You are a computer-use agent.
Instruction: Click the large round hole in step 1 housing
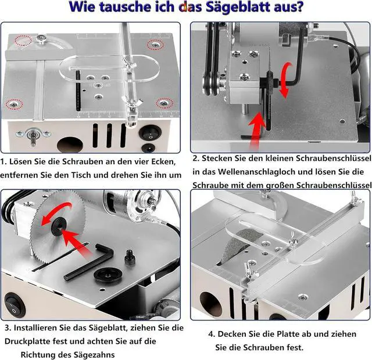click(x=70, y=145)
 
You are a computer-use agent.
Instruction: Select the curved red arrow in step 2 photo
click(x=285, y=80)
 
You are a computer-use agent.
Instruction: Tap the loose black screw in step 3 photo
click(x=129, y=257)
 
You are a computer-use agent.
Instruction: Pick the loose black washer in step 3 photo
click(x=108, y=275)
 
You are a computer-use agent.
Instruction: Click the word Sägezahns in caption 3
click(x=94, y=355)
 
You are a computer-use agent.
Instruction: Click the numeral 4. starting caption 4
click(x=212, y=334)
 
